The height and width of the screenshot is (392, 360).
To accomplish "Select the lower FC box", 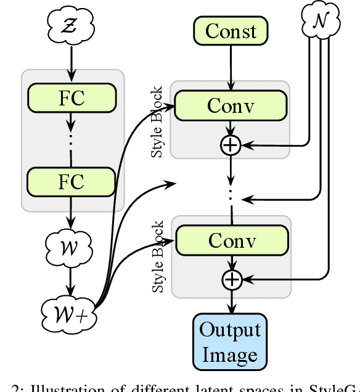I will pos(72,182).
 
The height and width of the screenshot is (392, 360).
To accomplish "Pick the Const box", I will pos(231,31).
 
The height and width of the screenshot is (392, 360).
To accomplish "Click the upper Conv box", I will pos(231,106).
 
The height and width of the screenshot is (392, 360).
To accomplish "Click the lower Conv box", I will pos(231,240).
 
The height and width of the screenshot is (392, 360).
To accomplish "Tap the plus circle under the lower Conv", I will pos(231,280).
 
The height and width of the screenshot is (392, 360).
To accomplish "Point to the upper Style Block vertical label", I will pos(158,121).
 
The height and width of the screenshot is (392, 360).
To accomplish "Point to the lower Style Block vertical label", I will pos(158,256).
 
